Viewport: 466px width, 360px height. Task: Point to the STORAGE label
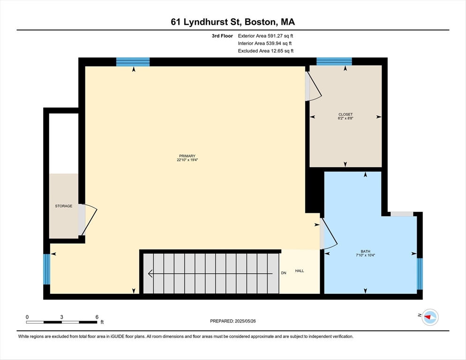[64, 206]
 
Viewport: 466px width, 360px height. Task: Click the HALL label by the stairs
[300, 271]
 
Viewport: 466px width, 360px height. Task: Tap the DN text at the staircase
[284, 273]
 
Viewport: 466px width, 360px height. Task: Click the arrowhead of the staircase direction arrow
[150, 273]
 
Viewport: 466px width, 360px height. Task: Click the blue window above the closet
[334, 61]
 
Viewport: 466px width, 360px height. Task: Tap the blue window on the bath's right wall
[420, 274]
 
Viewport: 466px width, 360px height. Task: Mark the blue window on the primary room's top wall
[133, 62]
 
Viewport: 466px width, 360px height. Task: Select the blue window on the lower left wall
[47, 269]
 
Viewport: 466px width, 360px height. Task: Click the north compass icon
[430, 317]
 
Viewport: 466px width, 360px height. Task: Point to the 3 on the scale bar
[61, 317]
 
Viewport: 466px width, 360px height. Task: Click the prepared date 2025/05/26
[245, 321]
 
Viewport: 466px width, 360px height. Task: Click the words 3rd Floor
[222, 36]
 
